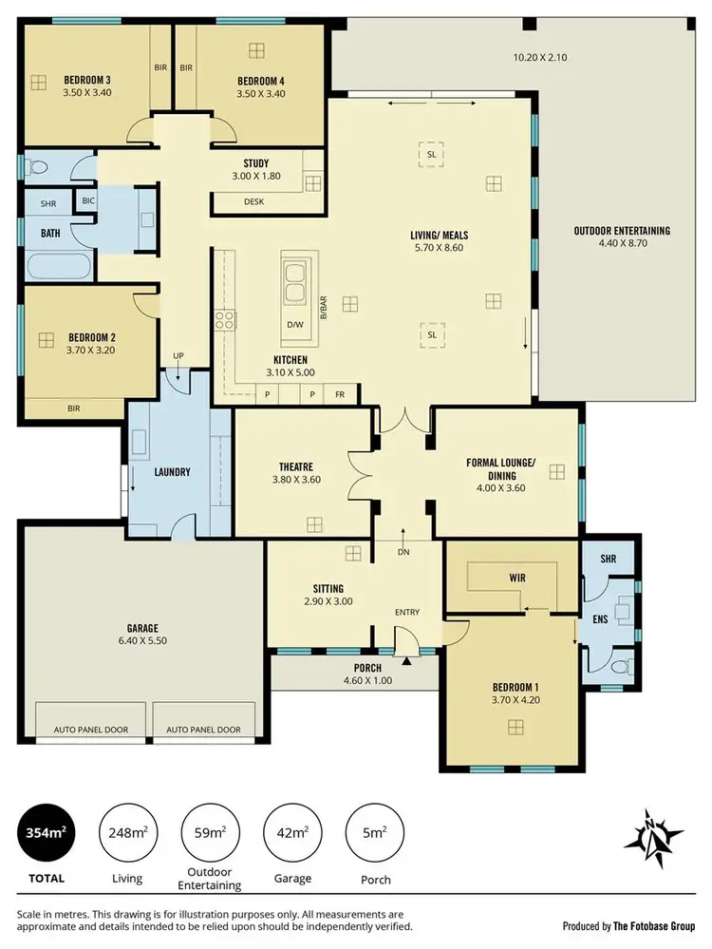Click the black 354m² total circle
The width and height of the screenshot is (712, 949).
pos(45,834)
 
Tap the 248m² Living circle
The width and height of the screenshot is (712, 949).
pos(127,834)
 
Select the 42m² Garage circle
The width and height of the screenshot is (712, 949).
pos(291,834)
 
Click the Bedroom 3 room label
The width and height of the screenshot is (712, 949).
pos(86,79)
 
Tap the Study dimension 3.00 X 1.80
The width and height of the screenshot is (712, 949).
pos(255,177)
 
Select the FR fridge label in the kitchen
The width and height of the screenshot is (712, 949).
pos(339,393)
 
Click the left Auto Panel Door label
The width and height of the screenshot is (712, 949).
pos(90,730)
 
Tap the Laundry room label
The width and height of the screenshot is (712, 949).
pos(173,471)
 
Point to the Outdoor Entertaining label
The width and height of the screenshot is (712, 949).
pos(621,231)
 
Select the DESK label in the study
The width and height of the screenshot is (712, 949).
pos(253,201)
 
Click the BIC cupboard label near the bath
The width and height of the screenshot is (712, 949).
pos(88,200)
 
